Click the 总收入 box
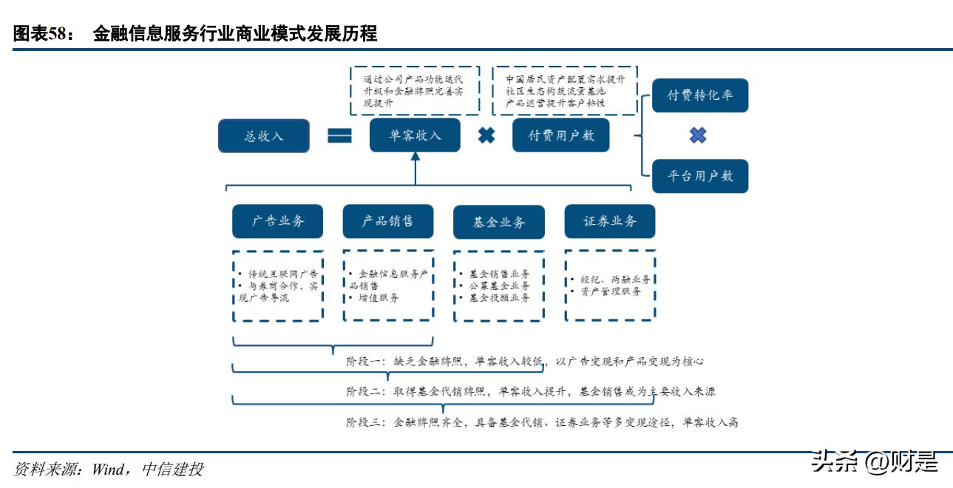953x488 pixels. coord(264,136)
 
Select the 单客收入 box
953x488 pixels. coord(415,136)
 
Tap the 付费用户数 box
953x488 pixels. coord(560,136)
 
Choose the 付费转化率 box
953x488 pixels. coord(699,96)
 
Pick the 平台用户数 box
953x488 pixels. coord(699,176)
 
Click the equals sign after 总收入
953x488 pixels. coord(339,136)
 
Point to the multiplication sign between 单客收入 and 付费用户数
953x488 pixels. coord(486,136)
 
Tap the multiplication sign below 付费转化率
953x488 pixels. coord(698,135)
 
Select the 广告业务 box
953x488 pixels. coord(277,221)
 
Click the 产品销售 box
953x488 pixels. coord(387,221)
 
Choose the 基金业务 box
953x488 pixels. coord(499,222)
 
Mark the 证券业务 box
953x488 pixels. coord(609,221)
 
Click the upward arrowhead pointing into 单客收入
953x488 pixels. coord(415,157)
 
